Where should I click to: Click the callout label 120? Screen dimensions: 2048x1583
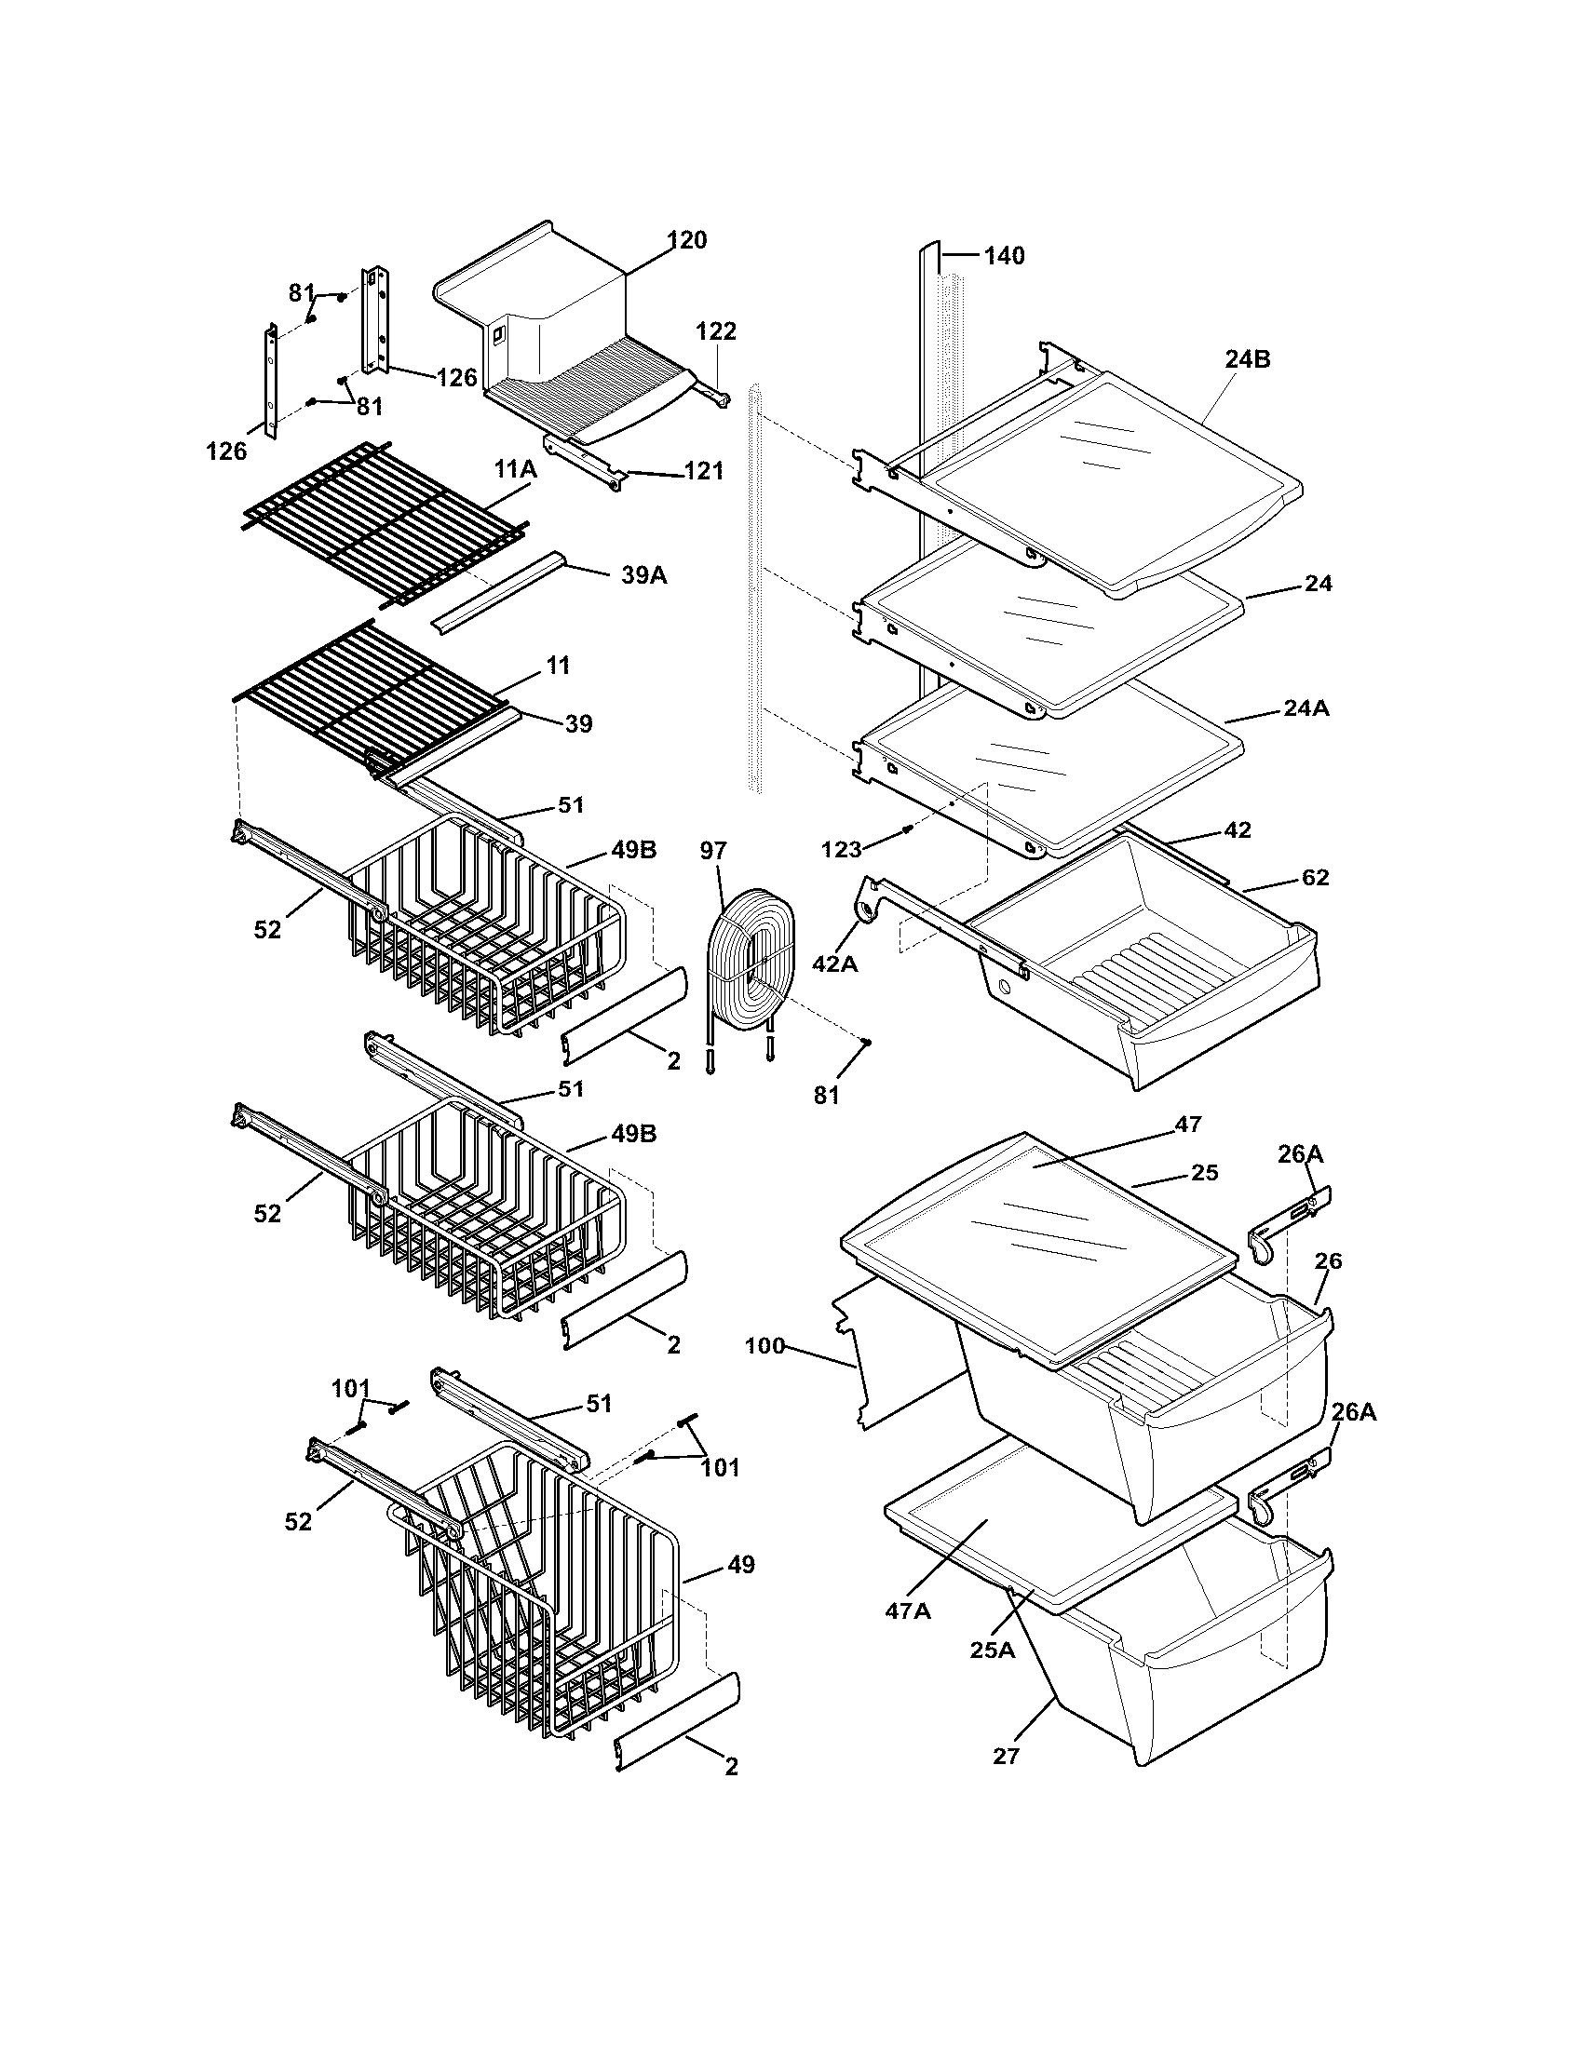(687, 240)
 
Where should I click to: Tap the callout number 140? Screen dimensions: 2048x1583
(1004, 255)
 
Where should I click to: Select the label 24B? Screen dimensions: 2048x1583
(1247, 359)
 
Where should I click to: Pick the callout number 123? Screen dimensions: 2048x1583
(841, 850)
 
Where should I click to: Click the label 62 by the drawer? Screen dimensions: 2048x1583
(1315, 878)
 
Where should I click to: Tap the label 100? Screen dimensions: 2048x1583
(764, 1347)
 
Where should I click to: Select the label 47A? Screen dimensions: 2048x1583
(908, 1610)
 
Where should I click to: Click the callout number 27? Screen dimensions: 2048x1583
(1006, 1756)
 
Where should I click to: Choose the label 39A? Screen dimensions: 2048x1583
(644, 574)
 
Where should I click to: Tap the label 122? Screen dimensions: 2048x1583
(715, 331)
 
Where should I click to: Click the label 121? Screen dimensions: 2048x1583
(704, 471)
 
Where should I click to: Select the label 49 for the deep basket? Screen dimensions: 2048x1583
(741, 1564)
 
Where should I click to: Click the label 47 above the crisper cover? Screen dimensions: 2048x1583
(1187, 1125)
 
